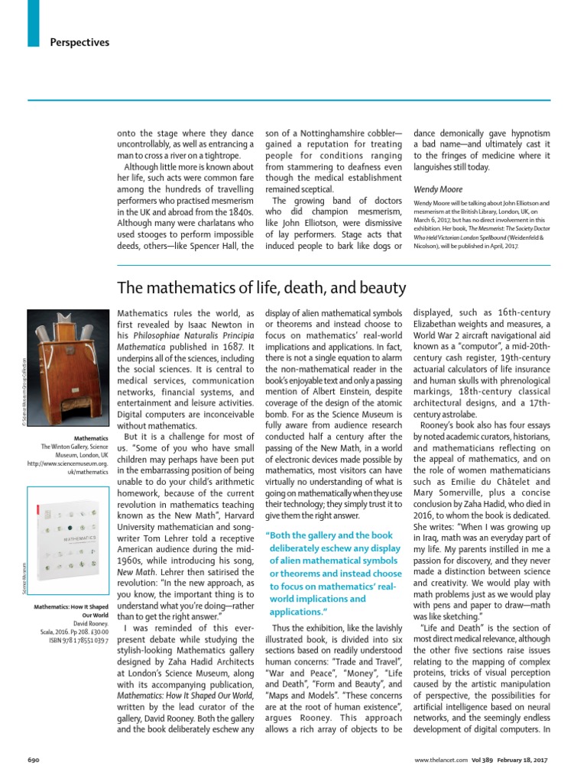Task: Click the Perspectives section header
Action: point(80,42)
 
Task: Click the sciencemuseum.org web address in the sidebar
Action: point(69,463)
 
